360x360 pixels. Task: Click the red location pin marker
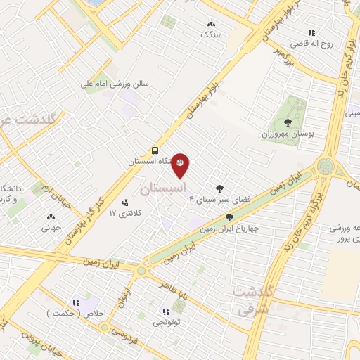[x=181, y=164]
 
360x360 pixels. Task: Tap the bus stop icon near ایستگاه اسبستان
[x=155, y=150]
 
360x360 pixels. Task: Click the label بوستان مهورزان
[x=285, y=133]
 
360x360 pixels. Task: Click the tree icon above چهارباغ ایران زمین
[x=229, y=217]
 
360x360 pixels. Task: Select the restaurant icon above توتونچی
[x=166, y=311]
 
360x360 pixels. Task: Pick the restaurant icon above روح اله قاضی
[x=311, y=32]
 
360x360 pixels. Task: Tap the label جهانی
[x=51, y=227]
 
